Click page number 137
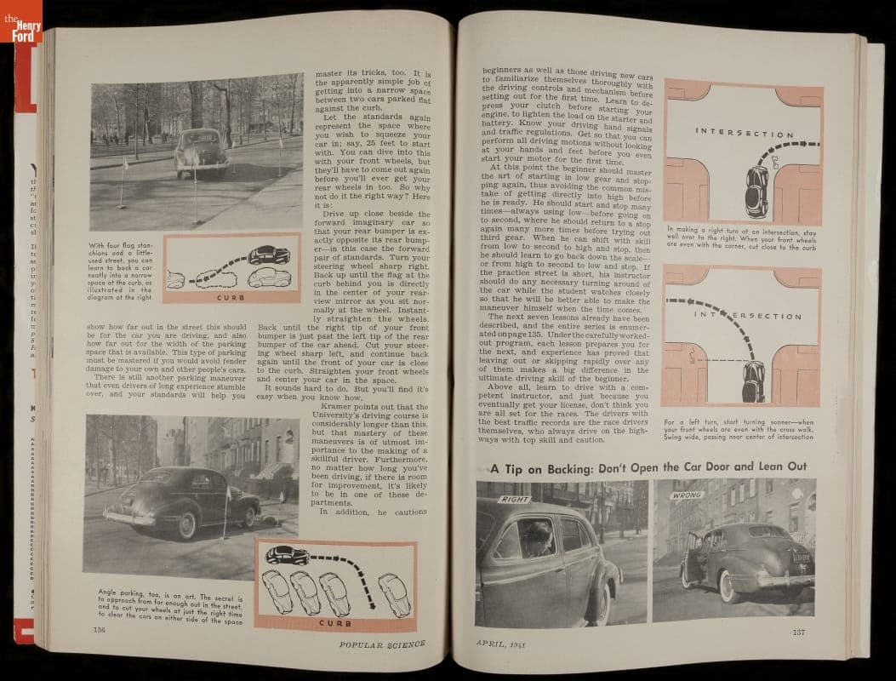coord(798,631)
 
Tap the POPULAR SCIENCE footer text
coord(380,644)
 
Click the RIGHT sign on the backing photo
coord(516,499)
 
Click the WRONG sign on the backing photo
coord(688,494)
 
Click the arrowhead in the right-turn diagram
coord(814,146)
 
